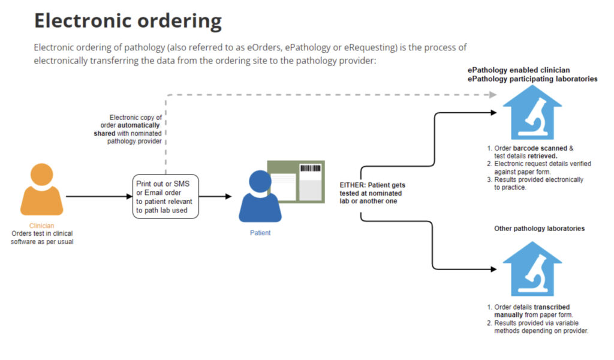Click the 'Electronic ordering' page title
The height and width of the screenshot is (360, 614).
tap(128, 21)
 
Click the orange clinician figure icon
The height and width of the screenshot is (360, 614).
tap(42, 191)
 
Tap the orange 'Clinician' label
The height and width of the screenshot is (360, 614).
tap(42, 226)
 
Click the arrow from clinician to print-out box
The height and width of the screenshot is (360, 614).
tap(99, 196)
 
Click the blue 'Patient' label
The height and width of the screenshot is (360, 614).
tap(260, 233)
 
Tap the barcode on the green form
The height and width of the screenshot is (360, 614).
tap(310, 169)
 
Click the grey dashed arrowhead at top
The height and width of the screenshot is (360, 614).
tap(492, 94)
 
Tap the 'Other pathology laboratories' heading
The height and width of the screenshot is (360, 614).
tap(539, 229)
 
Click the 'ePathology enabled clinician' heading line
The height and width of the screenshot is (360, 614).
tap(519, 70)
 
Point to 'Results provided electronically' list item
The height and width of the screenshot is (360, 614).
tap(538, 179)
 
